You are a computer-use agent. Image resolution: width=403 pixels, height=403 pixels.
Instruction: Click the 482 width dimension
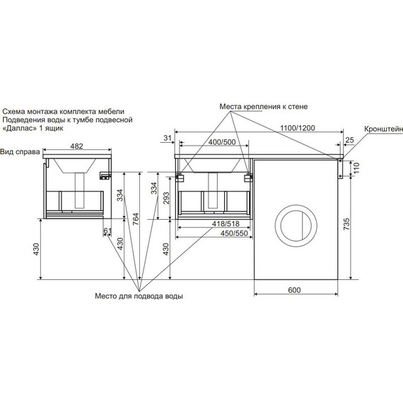pos(76,146)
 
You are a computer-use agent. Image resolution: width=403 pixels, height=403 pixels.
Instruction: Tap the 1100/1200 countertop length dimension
pos(298,128)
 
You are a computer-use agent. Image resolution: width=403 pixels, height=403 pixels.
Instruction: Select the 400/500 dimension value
pos(222,142)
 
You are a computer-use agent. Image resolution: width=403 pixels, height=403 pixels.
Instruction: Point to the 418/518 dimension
pos(226,223)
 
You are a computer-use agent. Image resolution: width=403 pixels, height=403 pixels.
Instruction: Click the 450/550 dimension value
pos(234,233)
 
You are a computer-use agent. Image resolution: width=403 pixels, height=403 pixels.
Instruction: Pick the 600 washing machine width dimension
pos(294,290)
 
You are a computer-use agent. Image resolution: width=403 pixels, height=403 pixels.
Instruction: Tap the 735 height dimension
pos(346,224)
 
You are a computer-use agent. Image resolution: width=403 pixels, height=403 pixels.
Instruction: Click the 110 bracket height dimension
pos(356,168)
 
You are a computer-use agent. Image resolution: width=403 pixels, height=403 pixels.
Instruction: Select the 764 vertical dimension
pos(136,219)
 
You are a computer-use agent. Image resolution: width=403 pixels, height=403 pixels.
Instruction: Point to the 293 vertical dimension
pos(166,198)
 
